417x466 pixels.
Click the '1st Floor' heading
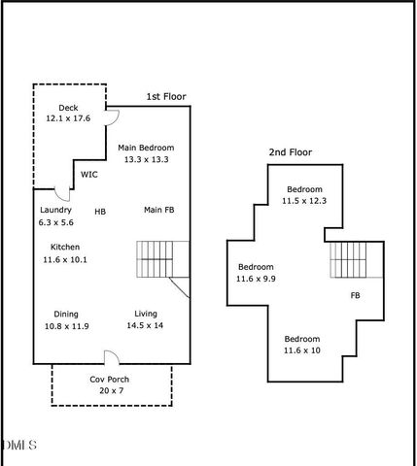pos(166,97)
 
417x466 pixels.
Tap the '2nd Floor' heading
pos(291,152)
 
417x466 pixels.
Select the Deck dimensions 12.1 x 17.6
pos(68,118)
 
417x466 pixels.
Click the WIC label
pos(89,175)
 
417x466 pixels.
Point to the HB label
pos(100,212)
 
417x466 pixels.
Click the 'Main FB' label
pos(159,210)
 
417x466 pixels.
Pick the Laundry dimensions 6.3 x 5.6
pos(56,222)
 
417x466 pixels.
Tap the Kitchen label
pos(65,247)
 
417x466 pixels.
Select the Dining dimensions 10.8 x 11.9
pos(67,326)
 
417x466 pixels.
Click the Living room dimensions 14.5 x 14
pos(145,325)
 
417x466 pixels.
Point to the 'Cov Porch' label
pos(110,380)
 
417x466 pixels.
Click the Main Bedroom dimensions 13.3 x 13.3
pos(147,159)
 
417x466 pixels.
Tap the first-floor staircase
pos(162,259)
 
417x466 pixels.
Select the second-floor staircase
pos(357,260)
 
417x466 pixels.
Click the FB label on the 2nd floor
pos(356,295)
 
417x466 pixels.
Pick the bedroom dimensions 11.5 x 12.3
pos(304,201)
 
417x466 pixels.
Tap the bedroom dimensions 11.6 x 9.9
pos(256,279)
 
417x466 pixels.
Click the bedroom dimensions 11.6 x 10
pos(302,350)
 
